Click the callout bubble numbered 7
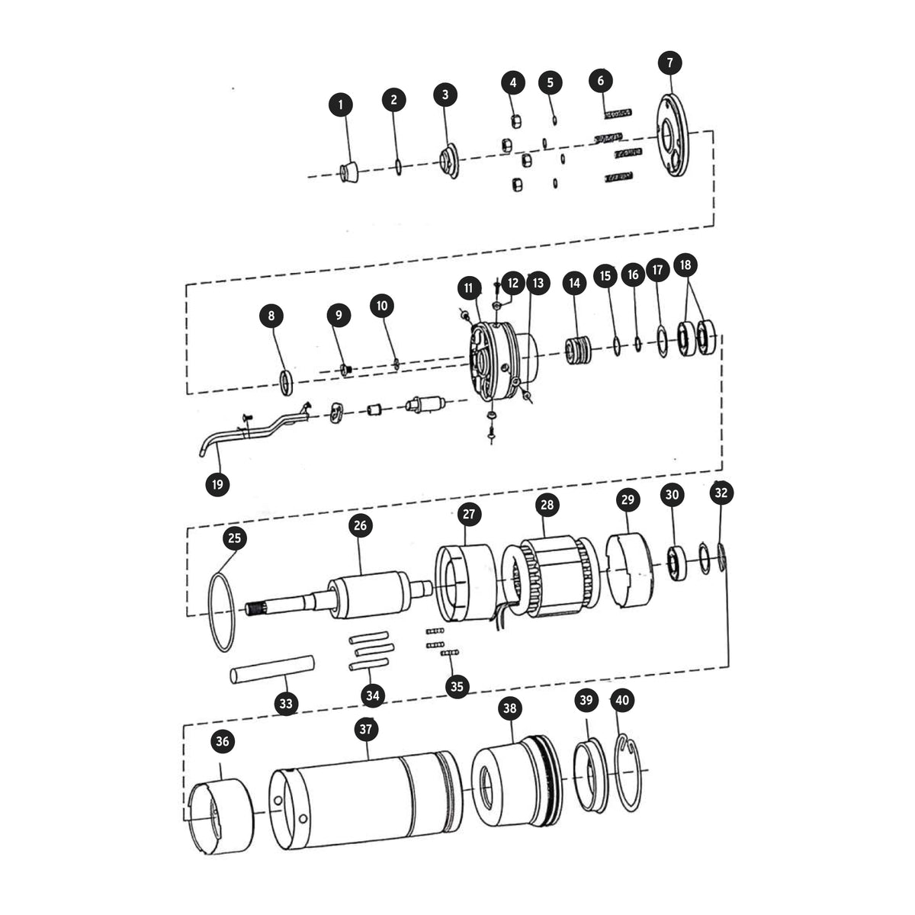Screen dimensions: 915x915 (x=669, y=63)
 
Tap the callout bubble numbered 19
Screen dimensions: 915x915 (x=217, y=484)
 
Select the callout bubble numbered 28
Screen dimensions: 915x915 (x=547, y=505)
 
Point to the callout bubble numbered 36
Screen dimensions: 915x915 (x=223, y=742)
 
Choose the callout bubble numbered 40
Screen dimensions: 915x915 (x=622, y=701)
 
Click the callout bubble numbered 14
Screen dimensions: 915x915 (x=575, y=284)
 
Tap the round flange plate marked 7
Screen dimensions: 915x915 (x=672, y=135)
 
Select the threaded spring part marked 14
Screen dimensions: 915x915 (x=578, y=351)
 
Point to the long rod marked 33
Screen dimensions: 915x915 (x=272, y=669)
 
